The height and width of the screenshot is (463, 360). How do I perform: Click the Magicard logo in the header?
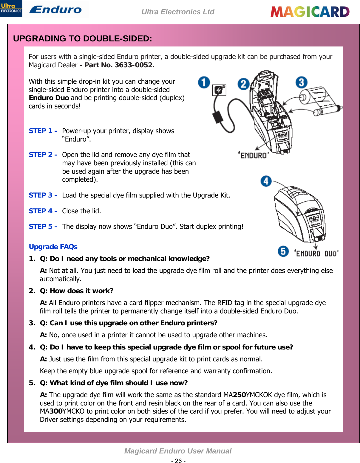click(x=310, y=12)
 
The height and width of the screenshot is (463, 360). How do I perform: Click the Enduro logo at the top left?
click(x=55, y=10)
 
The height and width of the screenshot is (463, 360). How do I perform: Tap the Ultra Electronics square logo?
click(x=11, y=8)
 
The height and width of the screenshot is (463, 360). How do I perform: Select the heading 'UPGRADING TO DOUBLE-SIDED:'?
click(x=83, y=39)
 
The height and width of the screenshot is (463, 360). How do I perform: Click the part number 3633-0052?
click(x=134, y=65)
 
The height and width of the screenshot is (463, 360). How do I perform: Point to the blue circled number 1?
click(x=204, y=82)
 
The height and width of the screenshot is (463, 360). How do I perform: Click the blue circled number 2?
click(x=243, y=84)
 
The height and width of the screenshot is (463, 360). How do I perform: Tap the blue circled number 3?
click(x=301, y=82)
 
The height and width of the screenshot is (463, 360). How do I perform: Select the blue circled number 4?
click(x=266, y=181)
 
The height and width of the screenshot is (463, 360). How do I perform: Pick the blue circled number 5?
click(x=283, y=251)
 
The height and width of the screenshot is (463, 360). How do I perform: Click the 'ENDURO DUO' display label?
click(x=316, y=253)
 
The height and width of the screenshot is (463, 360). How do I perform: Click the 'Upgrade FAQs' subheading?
click(x=53, y=247)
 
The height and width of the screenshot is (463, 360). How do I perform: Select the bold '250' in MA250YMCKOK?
click(x=239, y=395)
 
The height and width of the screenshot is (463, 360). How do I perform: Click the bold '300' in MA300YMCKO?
click(x=56, y=411)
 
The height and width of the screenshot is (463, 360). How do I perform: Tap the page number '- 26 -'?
click(x=178, y=461)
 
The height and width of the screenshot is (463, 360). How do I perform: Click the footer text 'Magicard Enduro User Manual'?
click(x=178, y=451)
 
